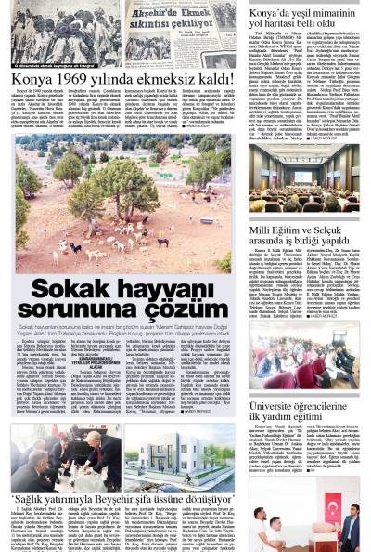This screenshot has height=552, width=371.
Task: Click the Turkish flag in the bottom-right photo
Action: pyautogui.click(x=333, y=507)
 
